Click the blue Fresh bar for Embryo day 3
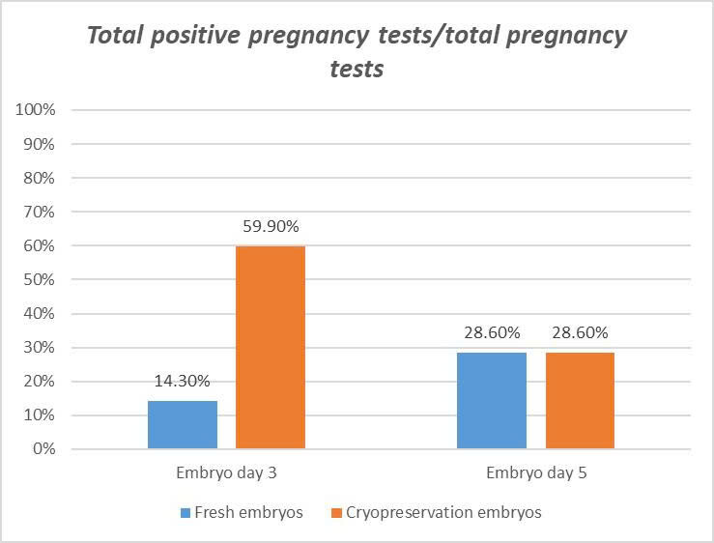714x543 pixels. [183, 424]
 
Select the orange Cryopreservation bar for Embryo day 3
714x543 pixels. [271, 347]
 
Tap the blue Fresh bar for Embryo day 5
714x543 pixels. [492, 400]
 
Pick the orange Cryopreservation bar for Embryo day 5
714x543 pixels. [580, 400]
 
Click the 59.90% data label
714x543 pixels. [271, 227]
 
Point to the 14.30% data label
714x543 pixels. [183, 382]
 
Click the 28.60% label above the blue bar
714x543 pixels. [492, 333]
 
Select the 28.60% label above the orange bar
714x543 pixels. [580, 333]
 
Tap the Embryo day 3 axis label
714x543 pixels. [226, 475]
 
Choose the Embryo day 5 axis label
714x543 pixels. [535, 475]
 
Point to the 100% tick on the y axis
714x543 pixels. [37, 110]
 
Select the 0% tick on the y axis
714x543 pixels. [44, 449]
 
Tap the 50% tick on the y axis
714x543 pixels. [41, 280]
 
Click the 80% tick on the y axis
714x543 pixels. [41, 178]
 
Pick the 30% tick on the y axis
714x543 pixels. [41, 348]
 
